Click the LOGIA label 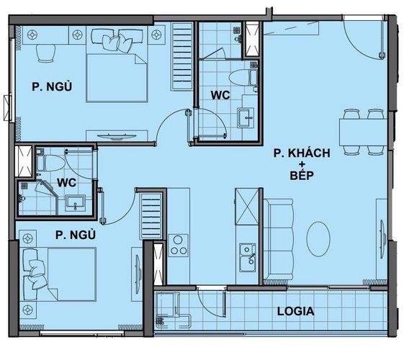pyautogui.click(x=295, y=312)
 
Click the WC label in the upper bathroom pyautogui.click(x=220, y=94)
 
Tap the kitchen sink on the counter pyautogui.click(x=247, y=253)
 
